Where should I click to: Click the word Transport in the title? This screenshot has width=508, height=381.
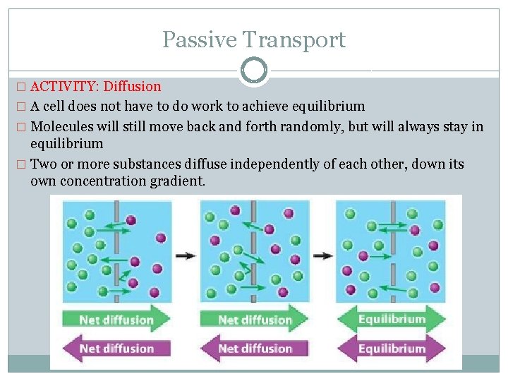tap(296, 40)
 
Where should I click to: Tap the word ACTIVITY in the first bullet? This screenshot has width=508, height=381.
tap(64, 87)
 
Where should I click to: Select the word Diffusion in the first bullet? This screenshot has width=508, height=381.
tap(132, 87)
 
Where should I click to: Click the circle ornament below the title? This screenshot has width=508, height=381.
tap(253, 71)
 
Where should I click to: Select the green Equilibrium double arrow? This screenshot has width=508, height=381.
tap(392, 319)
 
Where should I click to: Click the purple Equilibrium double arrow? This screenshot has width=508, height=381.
tap(392, 348)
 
